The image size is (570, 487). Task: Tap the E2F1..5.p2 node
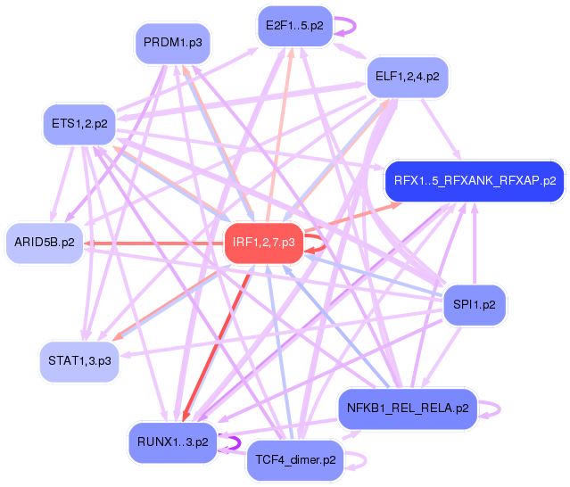click(x=294, y=26)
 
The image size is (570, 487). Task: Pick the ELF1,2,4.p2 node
click(x=407, y=77)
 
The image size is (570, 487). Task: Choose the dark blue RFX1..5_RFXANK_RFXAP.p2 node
click(x=474, y=181)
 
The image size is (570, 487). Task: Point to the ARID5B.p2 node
click(x=45, y=242)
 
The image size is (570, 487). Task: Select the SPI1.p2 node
click(x=474, y=305)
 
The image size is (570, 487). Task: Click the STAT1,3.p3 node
click(x=79, y=360)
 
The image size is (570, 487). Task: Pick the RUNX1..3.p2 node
click(x=173, y=442)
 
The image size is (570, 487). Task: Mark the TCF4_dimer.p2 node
click(x=295, y=460)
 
